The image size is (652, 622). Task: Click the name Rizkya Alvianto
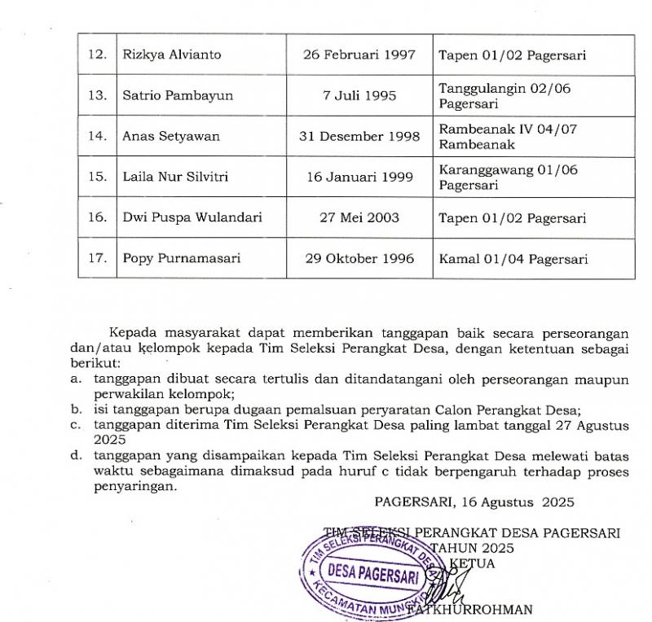tap(171, 55)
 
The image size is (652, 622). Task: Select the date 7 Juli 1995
tap(359, 96)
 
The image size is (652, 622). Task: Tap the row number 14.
tap(98, 137)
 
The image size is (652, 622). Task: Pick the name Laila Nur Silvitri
tap(175, 177)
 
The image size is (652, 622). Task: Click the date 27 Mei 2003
tap(359, 218)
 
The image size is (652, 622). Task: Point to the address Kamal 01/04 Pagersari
tap(513, 259)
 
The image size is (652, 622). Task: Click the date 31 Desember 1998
tap(359, 137)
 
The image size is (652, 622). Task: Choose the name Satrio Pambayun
tap(178, 96)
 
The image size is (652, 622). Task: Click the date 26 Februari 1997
tap(359, 55)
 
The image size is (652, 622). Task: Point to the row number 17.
tap(98, 259)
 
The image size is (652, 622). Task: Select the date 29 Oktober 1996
tap(359, 259)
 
